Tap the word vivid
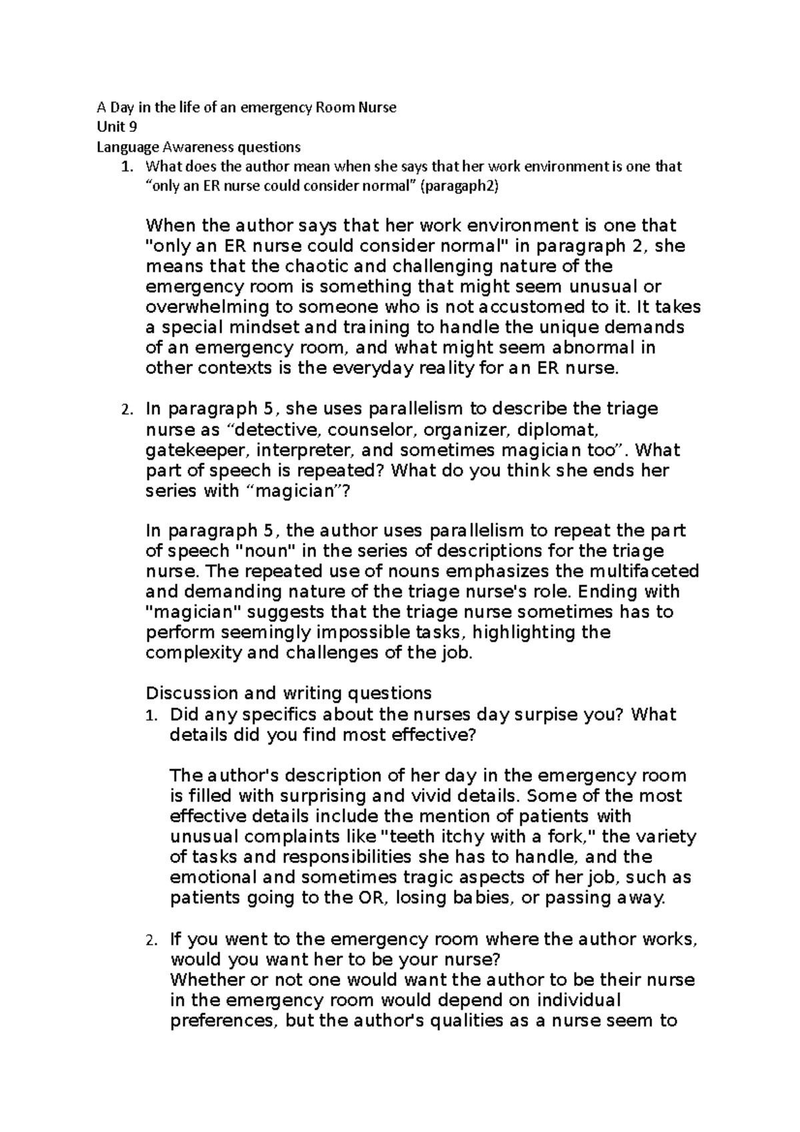point(449,796)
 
